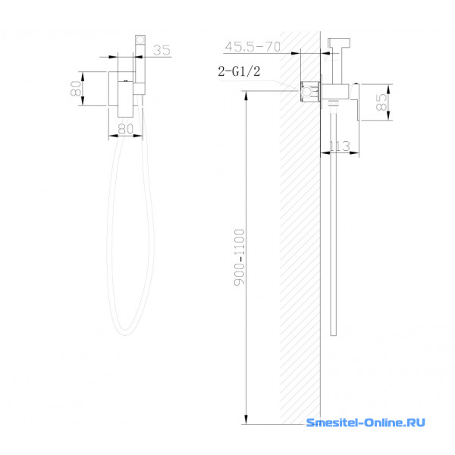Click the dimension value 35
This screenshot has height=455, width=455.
pyautogui.click(x=162, y=50)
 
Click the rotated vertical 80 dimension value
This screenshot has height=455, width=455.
pyautogui.click(x=75, y=89)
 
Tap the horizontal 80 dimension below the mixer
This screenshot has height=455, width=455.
pyautogui.click(x=126, y=129)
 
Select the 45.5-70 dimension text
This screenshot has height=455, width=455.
pyautogui.click(x=253, y=46)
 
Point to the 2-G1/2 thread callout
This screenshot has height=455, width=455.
pyautogui.click(x=239, y=71)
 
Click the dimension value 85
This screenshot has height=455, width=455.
pyautogui.click(x=381, y=102)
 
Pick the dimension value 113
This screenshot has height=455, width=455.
pyautogui.click(x=340, y=146)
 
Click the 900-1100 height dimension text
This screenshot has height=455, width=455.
pyautogui.click(x=240, y=257)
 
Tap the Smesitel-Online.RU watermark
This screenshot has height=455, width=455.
pyautogui.click(x=366, y=422)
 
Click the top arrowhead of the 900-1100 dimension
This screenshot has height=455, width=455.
pyautogui.click(x=246, y=96)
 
